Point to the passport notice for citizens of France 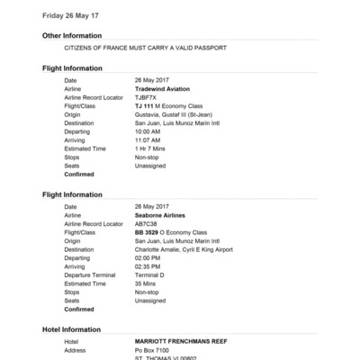145,48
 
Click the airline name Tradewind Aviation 164,89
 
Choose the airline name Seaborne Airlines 163,215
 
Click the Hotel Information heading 72,329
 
